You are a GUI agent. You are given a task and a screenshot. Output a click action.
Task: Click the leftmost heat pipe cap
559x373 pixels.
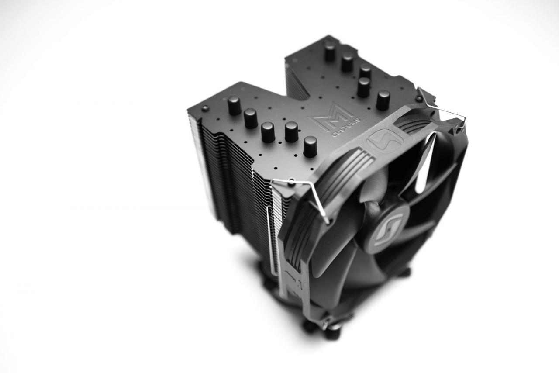(x=234, y=105)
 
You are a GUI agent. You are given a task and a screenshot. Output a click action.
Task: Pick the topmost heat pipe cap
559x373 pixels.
(x=330, y=52)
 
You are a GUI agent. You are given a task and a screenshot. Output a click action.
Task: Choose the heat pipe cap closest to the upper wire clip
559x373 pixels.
(x=383, y=100)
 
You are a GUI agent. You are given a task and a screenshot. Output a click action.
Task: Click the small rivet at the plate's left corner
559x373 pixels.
(x=205, y=108)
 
